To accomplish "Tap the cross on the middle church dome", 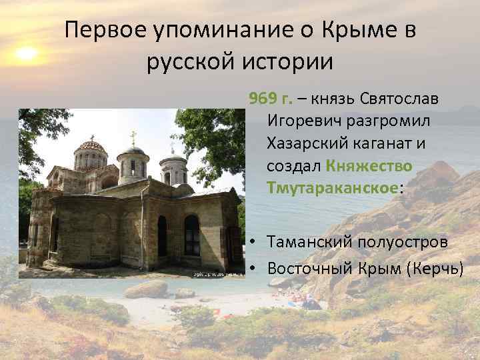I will pyautogui.click(x=133, y=138).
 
